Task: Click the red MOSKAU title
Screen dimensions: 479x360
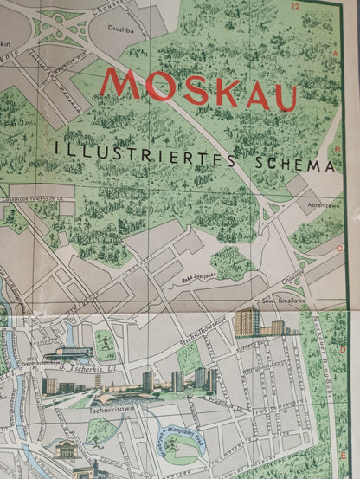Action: (x=199, y=88)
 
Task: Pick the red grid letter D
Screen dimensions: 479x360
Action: (x=343, y=351)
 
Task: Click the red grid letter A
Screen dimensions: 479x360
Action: (x=335, y=53)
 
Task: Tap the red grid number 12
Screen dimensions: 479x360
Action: (x=297, y=7)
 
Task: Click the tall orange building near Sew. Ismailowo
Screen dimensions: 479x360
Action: (x=247, y=321)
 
